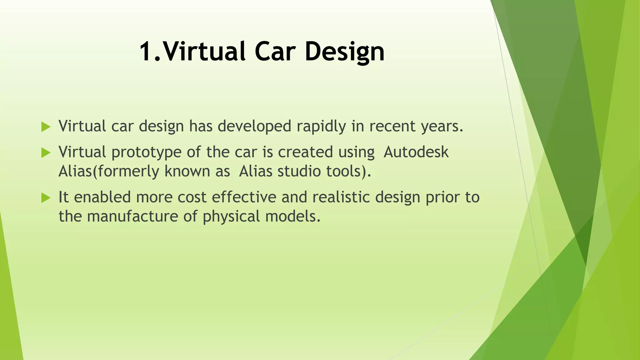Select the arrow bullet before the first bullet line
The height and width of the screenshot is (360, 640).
pos(46,127)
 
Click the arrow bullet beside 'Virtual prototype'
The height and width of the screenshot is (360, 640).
pos(46,153)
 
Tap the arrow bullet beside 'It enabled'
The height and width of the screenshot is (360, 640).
pos(46,198)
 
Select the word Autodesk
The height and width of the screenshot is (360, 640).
pos(416,152)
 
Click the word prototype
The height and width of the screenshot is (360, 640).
pos(147,152)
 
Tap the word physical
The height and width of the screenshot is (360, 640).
pos(231,217)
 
